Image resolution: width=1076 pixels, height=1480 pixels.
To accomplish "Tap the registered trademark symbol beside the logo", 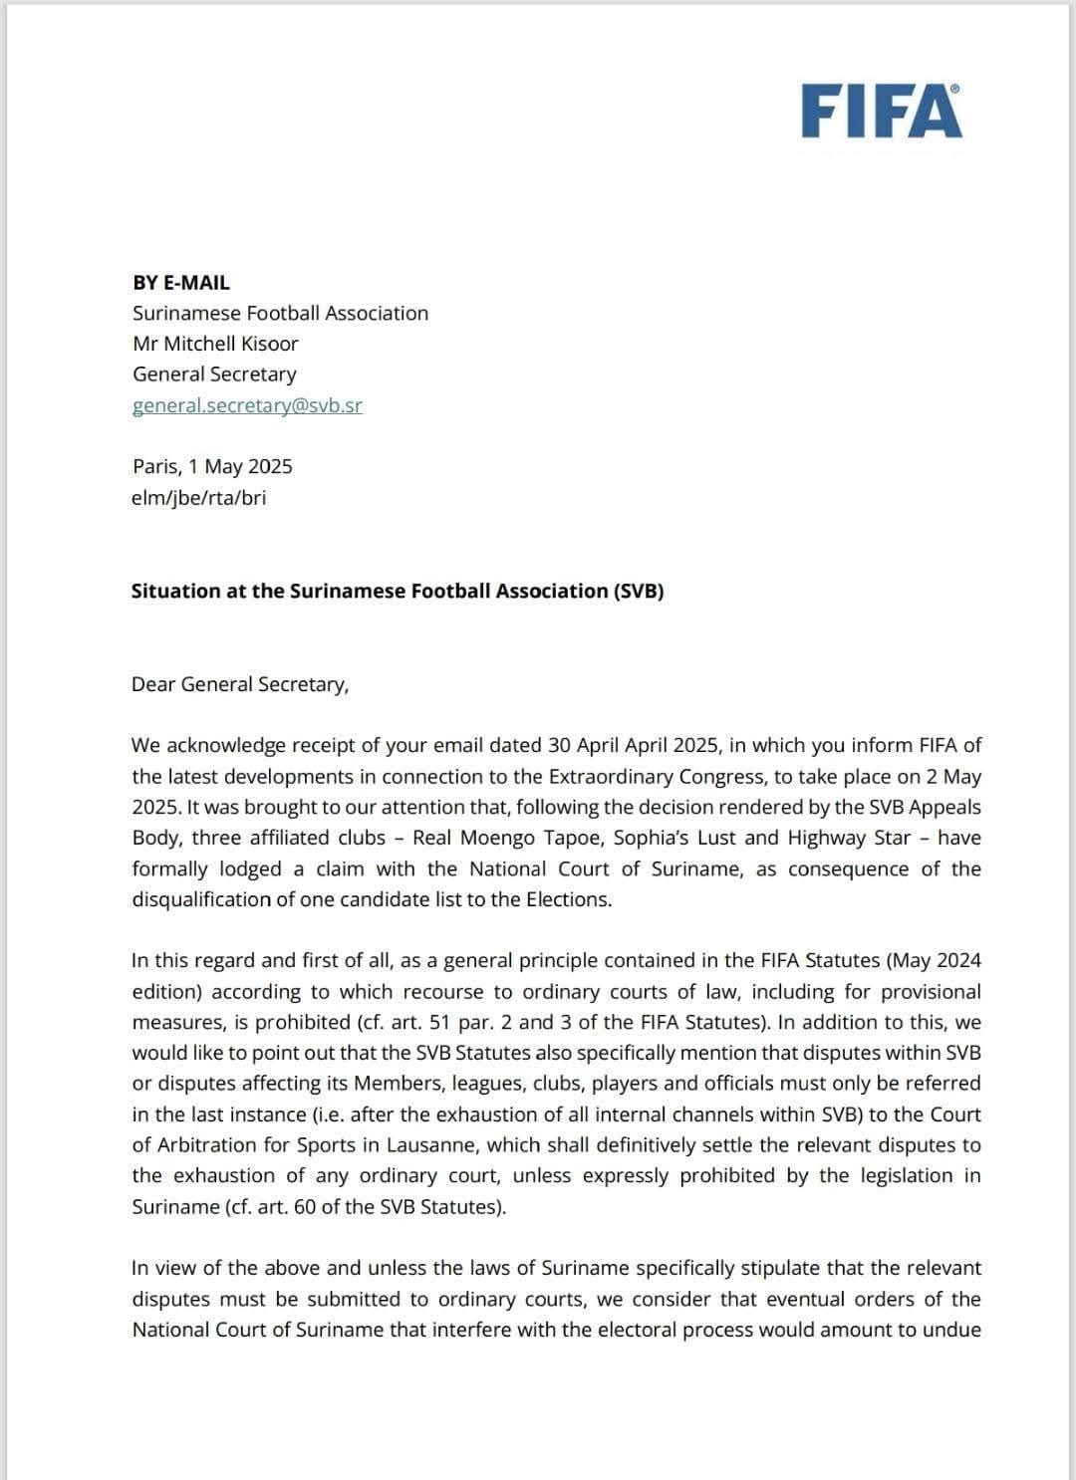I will (956, 89).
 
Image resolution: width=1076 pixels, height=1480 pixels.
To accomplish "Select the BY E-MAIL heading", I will (181, 283).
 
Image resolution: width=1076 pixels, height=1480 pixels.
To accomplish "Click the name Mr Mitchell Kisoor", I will (215, 344).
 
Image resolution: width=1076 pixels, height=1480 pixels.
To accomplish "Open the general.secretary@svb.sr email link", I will (247, 405).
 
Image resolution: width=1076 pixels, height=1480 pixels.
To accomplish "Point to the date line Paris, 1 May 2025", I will (212, 466).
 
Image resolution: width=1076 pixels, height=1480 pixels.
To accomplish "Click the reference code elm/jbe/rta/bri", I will (198, 497).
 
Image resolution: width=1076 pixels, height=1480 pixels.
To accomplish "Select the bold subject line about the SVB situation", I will (398, 591).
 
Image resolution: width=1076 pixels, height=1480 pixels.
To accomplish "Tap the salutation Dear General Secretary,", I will (240, 684).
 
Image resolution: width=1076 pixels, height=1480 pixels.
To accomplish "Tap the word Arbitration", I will (226, 1144).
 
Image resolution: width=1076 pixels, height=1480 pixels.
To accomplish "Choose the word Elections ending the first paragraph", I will (567, 899).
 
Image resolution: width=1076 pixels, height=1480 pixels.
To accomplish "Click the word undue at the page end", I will (951, 1330).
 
